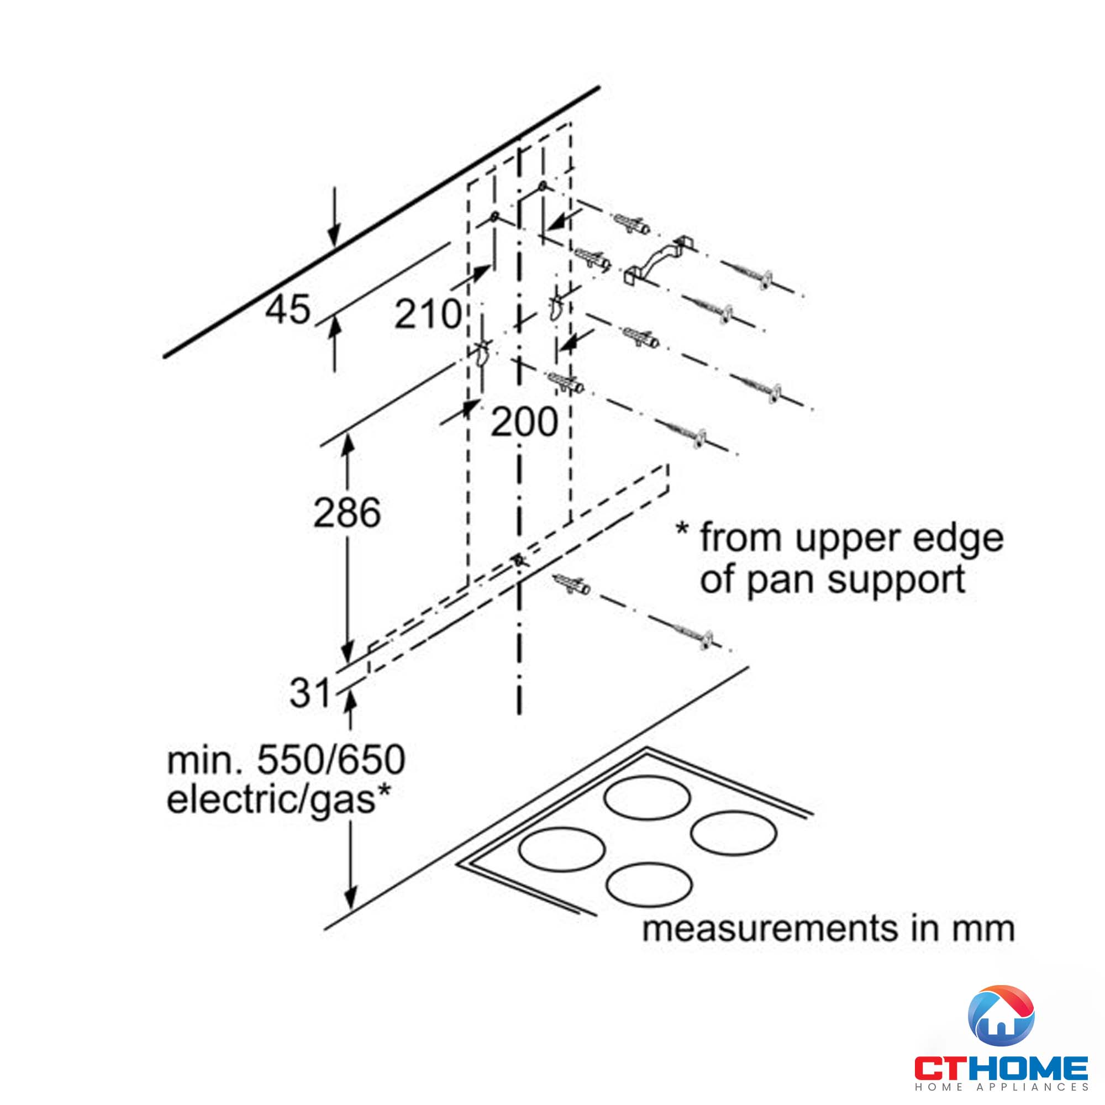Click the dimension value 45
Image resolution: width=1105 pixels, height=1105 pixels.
[x=288, y=309]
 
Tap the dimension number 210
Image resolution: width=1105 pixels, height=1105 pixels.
[x=427, y=314]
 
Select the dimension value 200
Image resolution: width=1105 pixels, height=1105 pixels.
[x=524, y=422]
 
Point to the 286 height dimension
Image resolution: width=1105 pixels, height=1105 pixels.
[x=346, y=513]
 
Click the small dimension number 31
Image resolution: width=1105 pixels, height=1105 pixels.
[x=310, y=693]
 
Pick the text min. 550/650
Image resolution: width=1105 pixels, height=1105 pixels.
[x=286, y=760]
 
